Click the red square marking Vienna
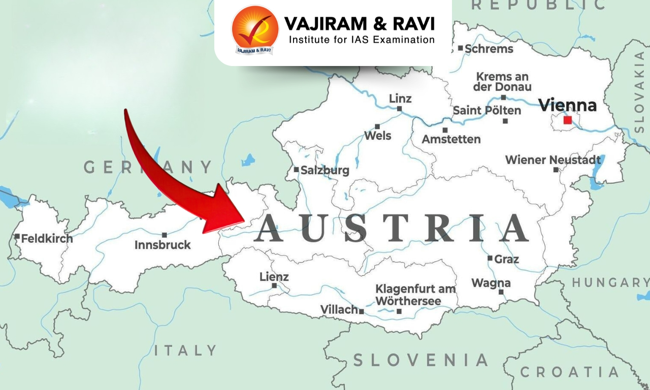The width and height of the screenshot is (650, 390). click(567, 120)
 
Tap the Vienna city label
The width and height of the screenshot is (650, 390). click(567, 106)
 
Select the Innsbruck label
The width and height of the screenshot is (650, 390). click(162, 245)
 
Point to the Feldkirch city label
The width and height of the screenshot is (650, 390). click(47, 238)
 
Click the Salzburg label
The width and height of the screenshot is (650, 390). click(325, 170)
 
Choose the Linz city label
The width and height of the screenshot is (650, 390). click(400, 98)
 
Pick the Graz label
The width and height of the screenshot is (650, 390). click(506, 259)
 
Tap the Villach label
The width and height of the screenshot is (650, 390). click(339, 310)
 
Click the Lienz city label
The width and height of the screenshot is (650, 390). click(274, 277)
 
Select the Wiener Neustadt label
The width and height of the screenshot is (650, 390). click(553, 160)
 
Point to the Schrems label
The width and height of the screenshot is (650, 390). click(489, 49)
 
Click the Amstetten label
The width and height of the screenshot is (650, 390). click(451, 139)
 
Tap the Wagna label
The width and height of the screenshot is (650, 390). click(491, 283)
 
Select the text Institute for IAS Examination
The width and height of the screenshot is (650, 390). click(362, 39)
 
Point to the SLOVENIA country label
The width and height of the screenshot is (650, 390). click(420, 360)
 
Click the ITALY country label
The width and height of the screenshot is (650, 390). click(185, 350)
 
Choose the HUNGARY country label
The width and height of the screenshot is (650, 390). click(611, 282)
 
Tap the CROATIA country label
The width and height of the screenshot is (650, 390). click(570, 372)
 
